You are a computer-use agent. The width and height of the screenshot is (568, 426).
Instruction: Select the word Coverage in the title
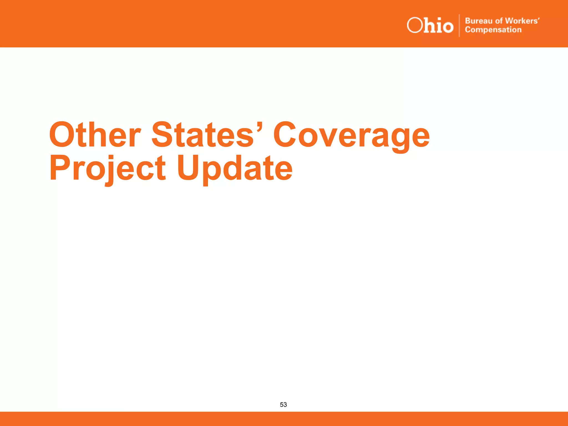[x=351, y=136]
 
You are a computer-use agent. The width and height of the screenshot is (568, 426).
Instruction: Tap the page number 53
[x=283, y=405]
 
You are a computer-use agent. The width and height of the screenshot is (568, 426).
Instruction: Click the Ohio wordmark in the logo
[x=430, y=26]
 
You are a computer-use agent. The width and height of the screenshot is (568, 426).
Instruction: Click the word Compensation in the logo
[x=493, y=30]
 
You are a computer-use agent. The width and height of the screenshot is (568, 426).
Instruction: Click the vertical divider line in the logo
[x=459, y=26]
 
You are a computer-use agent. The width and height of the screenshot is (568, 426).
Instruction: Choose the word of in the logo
[x=499, y=21]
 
